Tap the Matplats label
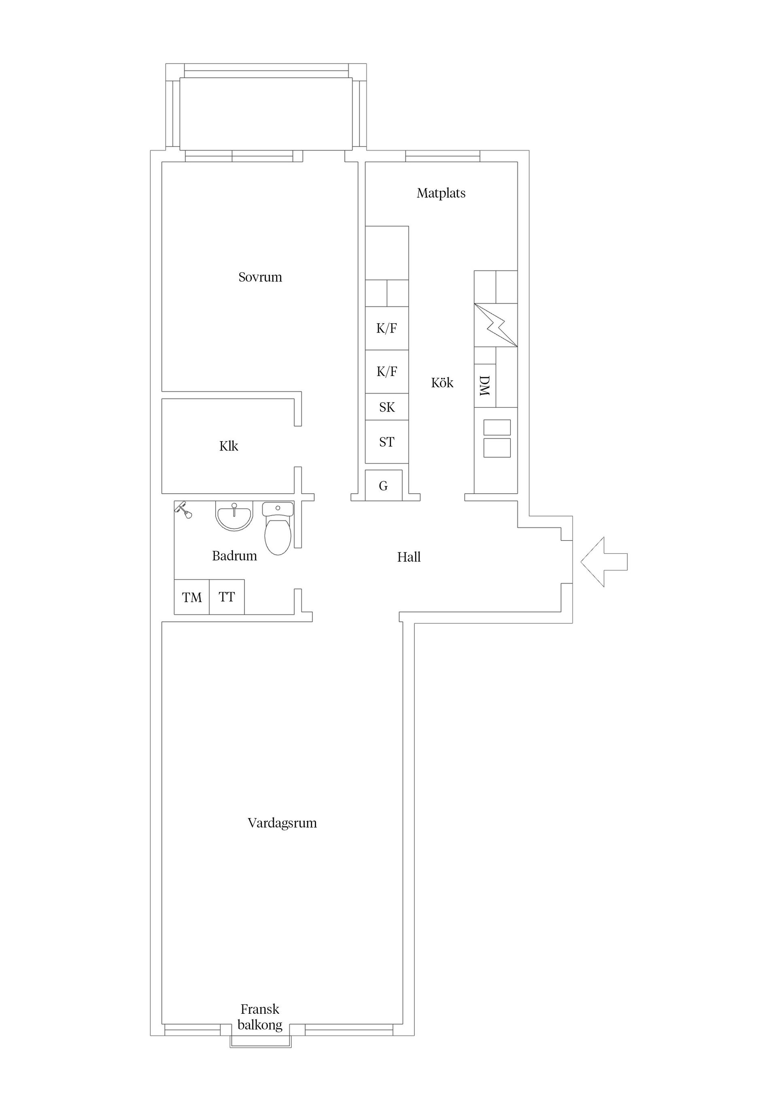click(441, 193)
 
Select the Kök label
click(442, 383)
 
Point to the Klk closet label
click(228, 446)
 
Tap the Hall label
click(409, 557)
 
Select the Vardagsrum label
click(282, 823)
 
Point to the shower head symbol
click(183, 510)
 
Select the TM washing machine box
click(191, 597)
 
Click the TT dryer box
click(227, 597)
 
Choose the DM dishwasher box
click(484, 386)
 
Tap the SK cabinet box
click(387, 407)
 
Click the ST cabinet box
click(387, 442)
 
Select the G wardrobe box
click(384, 486)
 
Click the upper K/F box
click(387, 328)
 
